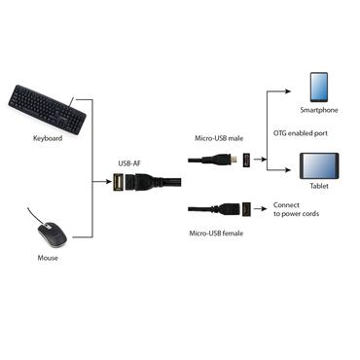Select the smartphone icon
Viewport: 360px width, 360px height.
click(x=321, y=87)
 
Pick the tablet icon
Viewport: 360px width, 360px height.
click(x=320, y=166)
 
